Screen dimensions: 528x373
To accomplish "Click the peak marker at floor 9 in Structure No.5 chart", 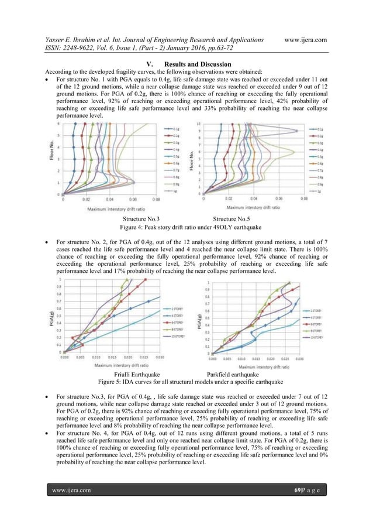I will coord(296,131).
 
